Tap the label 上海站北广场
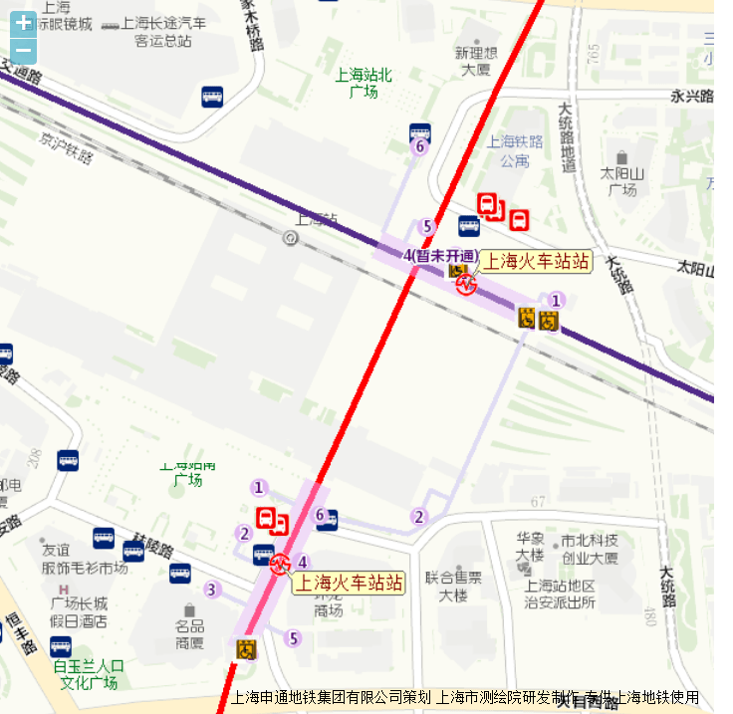coord(364,83)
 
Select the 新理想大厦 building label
coord(475,61)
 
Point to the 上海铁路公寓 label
coord(515,150)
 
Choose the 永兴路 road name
coord(692,97)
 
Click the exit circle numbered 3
coord(211,590)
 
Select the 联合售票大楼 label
coord(453,587)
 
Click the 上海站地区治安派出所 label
coord(561,594)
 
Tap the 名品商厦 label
coord(190,634)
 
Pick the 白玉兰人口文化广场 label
coord(89,674)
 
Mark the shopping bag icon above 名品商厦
coord(189,609)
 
